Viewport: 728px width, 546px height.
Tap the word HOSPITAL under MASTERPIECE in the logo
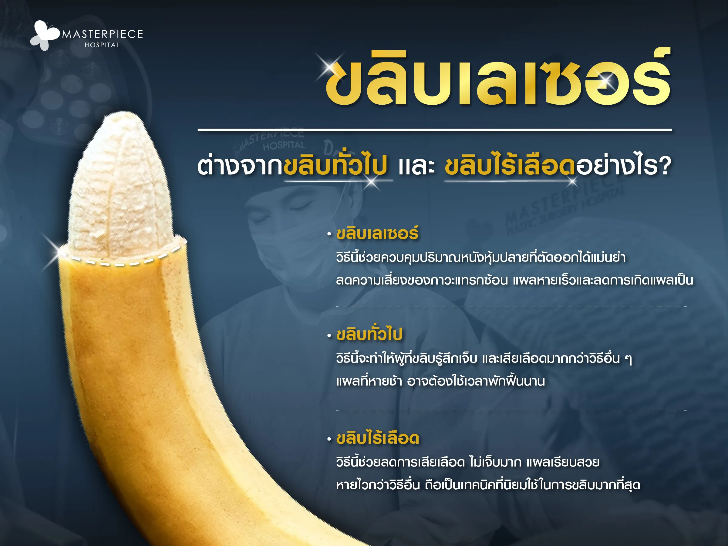click(102, 45)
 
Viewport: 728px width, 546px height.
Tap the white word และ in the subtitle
click(416, 166)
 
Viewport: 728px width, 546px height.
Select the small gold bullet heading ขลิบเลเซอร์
click(377, 234)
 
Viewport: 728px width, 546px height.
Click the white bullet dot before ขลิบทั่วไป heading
click(329, 336)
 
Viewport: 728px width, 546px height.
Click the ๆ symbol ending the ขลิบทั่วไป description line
click(628, 359)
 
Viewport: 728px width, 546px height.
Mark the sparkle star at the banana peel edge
click(58, 252)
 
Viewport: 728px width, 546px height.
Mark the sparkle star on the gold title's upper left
click(329, 67)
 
